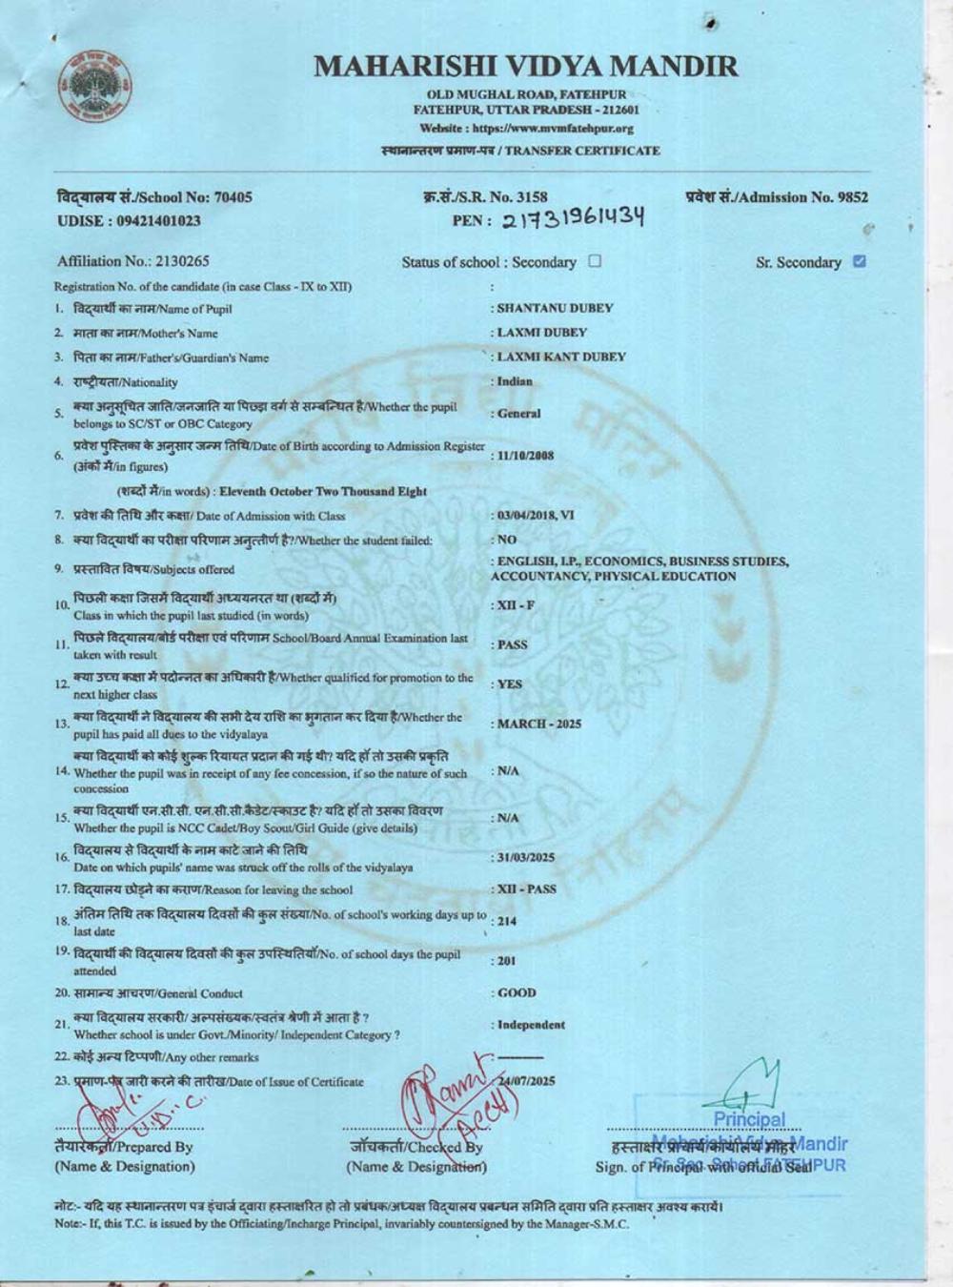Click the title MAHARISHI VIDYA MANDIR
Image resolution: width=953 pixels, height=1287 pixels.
(526, 66)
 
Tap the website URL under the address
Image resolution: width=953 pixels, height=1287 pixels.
(526, 128)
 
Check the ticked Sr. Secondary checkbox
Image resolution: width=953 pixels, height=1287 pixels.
(860, 261)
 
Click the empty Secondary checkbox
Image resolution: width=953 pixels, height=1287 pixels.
(596, 261)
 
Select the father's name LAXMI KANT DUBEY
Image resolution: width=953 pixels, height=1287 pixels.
(560, 357)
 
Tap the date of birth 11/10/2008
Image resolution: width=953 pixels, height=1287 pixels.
(525, 456)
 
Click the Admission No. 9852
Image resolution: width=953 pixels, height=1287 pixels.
(777, 197)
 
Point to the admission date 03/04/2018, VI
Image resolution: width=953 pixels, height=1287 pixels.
(536, 515)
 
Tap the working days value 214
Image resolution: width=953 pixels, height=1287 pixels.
(506, 921)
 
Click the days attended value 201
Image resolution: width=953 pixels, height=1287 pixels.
(506, 961)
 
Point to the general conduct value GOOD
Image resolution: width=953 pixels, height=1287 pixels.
(517, 992)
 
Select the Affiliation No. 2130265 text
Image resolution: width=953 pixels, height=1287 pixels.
(133, 261)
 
